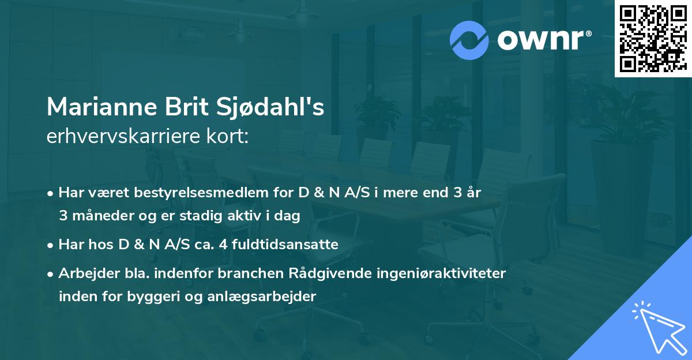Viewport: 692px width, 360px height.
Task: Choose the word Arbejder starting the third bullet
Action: click(82, 273)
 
